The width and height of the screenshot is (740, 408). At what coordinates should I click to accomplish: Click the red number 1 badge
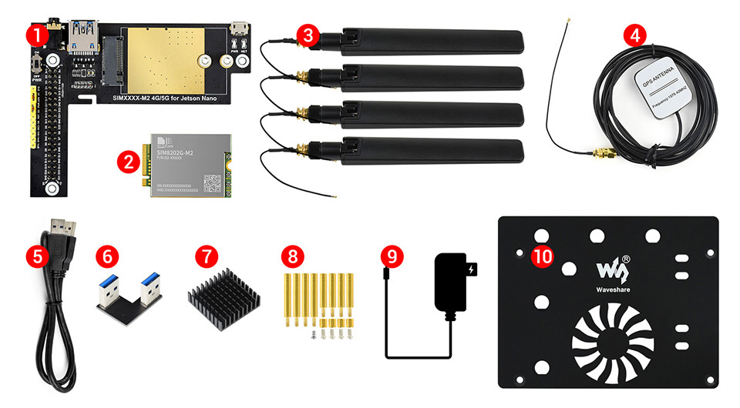click(35, 35)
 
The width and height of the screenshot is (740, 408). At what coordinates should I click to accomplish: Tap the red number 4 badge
click(635, 35)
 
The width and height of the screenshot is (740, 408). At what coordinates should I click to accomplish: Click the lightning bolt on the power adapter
click(473, 270)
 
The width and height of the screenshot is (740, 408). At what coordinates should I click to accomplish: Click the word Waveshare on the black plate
click(613, 291)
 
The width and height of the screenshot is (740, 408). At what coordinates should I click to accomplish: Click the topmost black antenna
click(432, 38)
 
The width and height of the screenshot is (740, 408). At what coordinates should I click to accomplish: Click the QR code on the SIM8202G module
click(212, 182)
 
